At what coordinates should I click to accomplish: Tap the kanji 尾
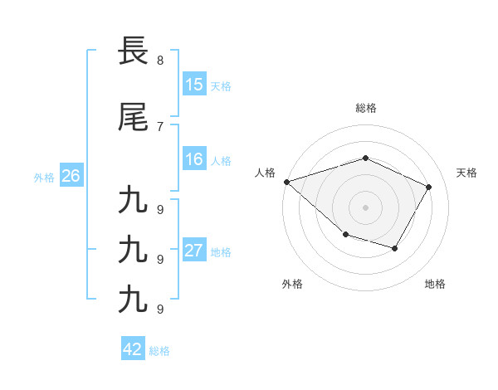click(134, 116)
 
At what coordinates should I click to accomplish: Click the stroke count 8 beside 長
click(159, 61)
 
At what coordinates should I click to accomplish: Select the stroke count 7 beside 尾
click(159, 126)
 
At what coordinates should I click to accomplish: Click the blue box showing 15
click(194, 85)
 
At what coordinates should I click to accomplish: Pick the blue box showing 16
click(194, 159)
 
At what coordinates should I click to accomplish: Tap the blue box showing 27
click(194, 251)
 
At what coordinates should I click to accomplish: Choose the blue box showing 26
click(71, 176)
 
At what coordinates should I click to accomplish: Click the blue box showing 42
click(133, 349)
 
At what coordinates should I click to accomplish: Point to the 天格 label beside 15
click(220, 85)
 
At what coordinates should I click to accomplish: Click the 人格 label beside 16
click(220, 160)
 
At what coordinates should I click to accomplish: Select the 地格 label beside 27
click(220, 251)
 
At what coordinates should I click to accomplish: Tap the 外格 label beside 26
click(44, 177)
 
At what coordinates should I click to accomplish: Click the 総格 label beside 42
click(159, 350)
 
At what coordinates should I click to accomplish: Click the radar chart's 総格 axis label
click(366, 108)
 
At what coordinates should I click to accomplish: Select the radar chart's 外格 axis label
click(292, 284)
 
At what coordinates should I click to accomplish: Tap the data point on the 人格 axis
click(286, 182)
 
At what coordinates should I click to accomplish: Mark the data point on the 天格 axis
click(428, 187)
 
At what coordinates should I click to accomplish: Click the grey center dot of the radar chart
click(365, 207)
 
